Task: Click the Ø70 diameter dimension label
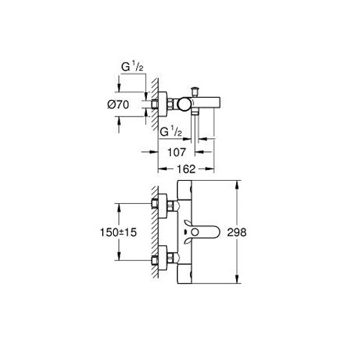coord(118,105)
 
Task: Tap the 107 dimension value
coord(176,152)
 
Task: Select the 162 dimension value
coord(186,169)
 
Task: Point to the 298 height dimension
coord(237,233)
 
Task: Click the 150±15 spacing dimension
coord(118,233)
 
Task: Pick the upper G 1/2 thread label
coord(132,67)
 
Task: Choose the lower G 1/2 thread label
coord(171,132)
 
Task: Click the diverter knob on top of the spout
coord(194,91)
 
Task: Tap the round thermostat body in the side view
coord(184,104)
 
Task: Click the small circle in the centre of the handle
coord(195,233)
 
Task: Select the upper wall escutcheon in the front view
coord(163,206)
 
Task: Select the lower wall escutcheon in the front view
coord(163,258)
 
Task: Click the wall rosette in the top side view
coord(163,104)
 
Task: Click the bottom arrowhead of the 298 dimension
coord(238,279)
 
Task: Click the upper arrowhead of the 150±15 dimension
coord(119,208)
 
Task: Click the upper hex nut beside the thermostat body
coord(170,205)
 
